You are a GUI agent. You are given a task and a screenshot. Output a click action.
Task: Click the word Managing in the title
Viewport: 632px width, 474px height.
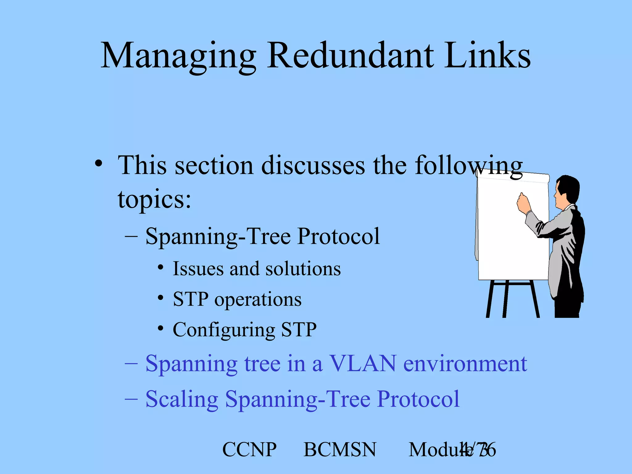tap(178, 56)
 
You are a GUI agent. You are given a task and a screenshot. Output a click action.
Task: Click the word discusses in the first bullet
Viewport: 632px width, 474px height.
tap(313, 166)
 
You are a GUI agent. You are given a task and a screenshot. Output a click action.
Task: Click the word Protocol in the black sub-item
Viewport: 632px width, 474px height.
tap(338, 236)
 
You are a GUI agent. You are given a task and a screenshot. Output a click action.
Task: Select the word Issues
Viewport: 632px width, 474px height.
tap(197, 268)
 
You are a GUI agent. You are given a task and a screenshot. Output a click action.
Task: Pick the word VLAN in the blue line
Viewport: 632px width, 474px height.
tap(363, 364)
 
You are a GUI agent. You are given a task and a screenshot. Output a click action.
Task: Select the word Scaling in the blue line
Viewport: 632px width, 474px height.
tap(181, 399)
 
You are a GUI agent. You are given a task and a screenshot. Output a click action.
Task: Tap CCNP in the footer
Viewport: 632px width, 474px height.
tap(249, 450)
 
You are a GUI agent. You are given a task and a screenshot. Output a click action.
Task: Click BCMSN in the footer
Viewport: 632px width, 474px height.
tap(340, 450)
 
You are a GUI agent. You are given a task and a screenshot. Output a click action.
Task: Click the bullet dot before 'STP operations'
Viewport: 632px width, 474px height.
tap(160, 298)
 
